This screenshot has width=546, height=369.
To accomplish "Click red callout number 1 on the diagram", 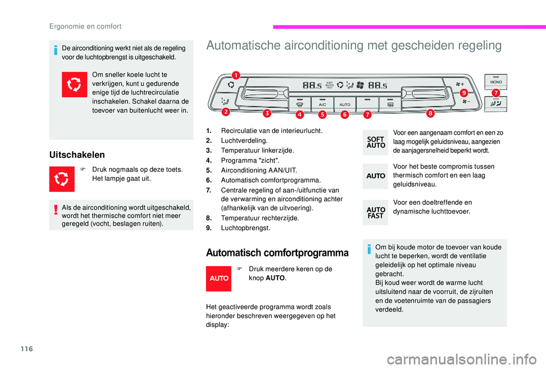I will pos(235,73).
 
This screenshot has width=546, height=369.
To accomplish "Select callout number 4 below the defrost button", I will pos(300,114).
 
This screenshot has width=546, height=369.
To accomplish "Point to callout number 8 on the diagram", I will pos(430,113).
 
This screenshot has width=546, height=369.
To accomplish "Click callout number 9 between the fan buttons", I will pos(464,92).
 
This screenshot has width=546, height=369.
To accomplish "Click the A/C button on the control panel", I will pos(322,105).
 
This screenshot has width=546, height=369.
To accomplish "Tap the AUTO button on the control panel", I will pos(345,105).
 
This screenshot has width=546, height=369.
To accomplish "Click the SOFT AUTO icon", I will pos(376,142).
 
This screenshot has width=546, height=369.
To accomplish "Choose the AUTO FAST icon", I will pos(376,212).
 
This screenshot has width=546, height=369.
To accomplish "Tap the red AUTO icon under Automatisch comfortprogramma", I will pos(220,279).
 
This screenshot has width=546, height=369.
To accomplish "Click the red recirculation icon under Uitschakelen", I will pos(62,179).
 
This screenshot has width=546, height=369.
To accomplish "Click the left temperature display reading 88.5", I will pos(313,85).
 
